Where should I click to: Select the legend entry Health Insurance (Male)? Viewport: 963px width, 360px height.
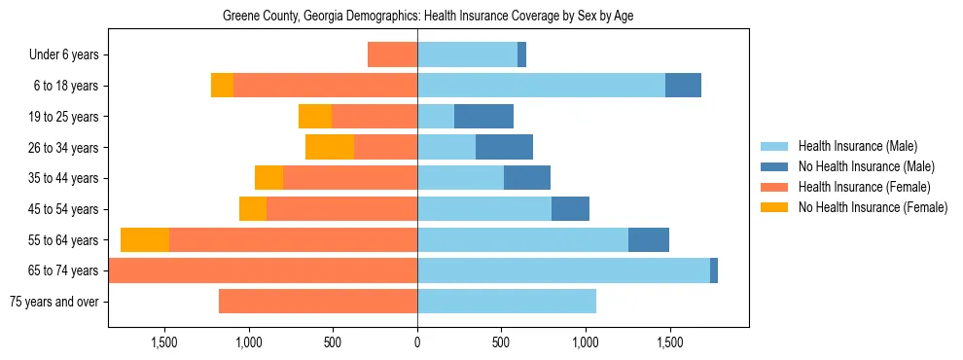[857, 146]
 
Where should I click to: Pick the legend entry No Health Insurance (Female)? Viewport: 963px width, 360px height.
[873, 207]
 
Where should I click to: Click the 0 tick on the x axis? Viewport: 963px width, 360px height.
[417, 342]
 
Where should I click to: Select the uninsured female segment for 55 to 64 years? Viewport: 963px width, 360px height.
[145, 239]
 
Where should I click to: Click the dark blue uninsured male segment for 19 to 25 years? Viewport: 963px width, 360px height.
[483, 117]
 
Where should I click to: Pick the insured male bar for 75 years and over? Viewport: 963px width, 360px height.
[507, 302]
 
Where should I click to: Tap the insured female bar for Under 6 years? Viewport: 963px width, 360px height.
[392, 55]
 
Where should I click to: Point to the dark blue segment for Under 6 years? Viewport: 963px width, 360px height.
[521, 55]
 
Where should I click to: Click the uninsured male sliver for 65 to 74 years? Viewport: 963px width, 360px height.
[714, 270]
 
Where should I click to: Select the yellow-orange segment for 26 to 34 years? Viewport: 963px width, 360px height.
[330, 147]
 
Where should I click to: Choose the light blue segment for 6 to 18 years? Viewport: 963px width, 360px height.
[541, 86]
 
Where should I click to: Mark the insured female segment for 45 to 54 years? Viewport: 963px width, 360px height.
[341, 209]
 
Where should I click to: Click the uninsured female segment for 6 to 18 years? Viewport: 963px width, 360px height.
[222, 86]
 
